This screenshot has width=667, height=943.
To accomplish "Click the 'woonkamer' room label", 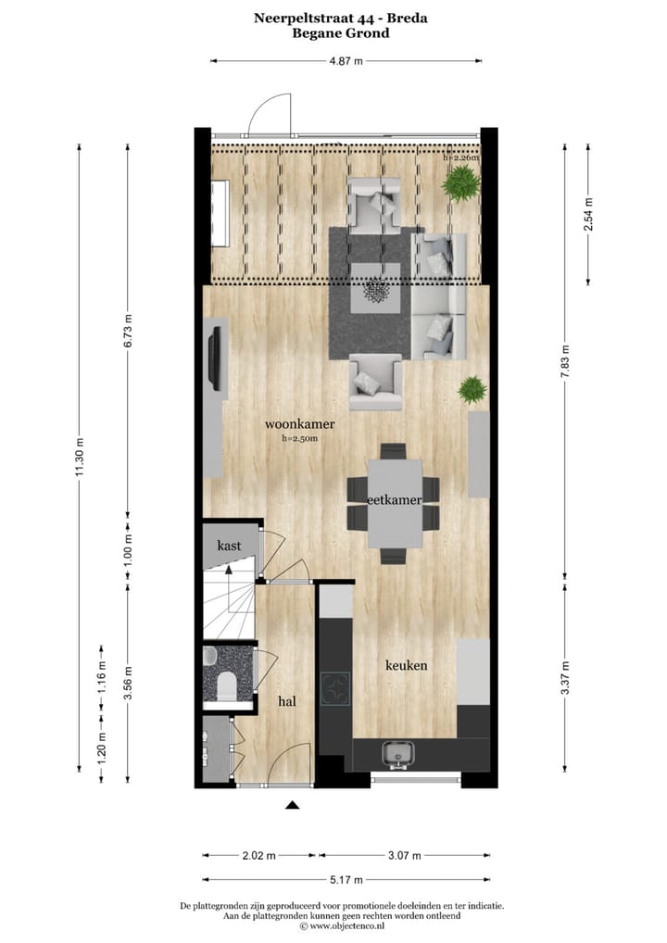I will point(299,424).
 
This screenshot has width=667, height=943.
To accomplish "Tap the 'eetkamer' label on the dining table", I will point(395,499).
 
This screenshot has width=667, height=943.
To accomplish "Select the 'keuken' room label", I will point(407,665).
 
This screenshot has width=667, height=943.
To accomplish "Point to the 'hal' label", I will point(287,702).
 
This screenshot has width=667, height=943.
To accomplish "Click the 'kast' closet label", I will point(229,546).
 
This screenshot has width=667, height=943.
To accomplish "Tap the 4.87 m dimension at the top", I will point(346,61).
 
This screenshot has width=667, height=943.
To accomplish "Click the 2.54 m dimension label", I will point(587,215).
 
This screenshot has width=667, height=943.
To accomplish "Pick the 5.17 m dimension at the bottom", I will point(346,879).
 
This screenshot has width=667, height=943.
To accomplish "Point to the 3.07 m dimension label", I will point(405,855).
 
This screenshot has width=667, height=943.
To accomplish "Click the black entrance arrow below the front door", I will point(293,805).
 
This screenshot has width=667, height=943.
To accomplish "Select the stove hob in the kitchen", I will point(334,688).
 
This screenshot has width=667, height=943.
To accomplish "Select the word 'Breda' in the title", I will point(406,17).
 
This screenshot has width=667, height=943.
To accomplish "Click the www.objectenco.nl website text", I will point(346,925).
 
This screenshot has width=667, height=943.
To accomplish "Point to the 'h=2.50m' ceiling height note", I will point(299,439).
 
